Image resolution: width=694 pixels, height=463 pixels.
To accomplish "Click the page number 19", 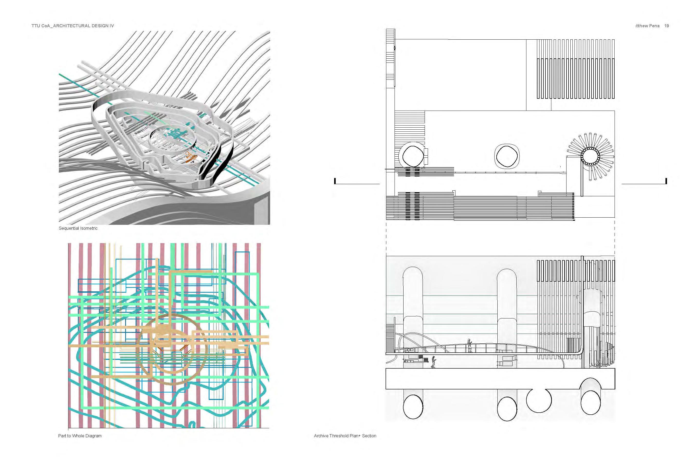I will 666,26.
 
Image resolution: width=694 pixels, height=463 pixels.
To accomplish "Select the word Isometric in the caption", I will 88,228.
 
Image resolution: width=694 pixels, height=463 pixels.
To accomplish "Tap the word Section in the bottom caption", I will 369,436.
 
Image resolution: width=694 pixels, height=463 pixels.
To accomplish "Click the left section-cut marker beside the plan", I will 335,181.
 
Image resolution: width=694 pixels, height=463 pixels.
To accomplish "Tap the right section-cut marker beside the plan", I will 666,181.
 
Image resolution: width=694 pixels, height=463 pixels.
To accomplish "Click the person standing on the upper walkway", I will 469,345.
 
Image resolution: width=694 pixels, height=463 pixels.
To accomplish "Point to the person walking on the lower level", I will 433,362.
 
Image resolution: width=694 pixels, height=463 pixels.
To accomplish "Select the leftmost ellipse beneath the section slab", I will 413,407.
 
